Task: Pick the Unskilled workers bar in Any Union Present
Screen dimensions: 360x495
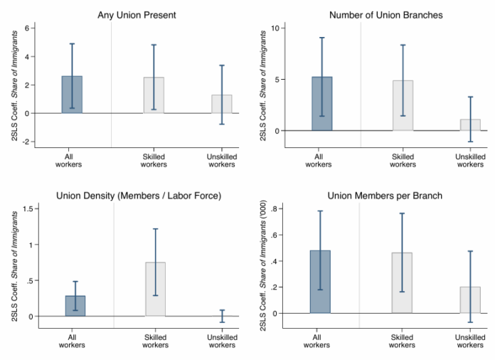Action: pyautogui.click(x=221, y=104)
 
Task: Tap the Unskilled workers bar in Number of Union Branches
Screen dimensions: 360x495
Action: pyautogui.click(x=470, y=125)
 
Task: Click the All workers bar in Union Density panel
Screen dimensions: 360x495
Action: pyautogui.click(x=75, y=306)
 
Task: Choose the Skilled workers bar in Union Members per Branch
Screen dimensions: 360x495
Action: pyautogui.click(x=402, y=283)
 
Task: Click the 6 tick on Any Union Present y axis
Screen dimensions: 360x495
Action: pyautogui.click(x=27, y=28)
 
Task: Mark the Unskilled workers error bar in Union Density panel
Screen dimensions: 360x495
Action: pyautogui.click(x=221, y=316)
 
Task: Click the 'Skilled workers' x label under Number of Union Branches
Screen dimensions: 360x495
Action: pyautogui.click(x=402, y=160)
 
